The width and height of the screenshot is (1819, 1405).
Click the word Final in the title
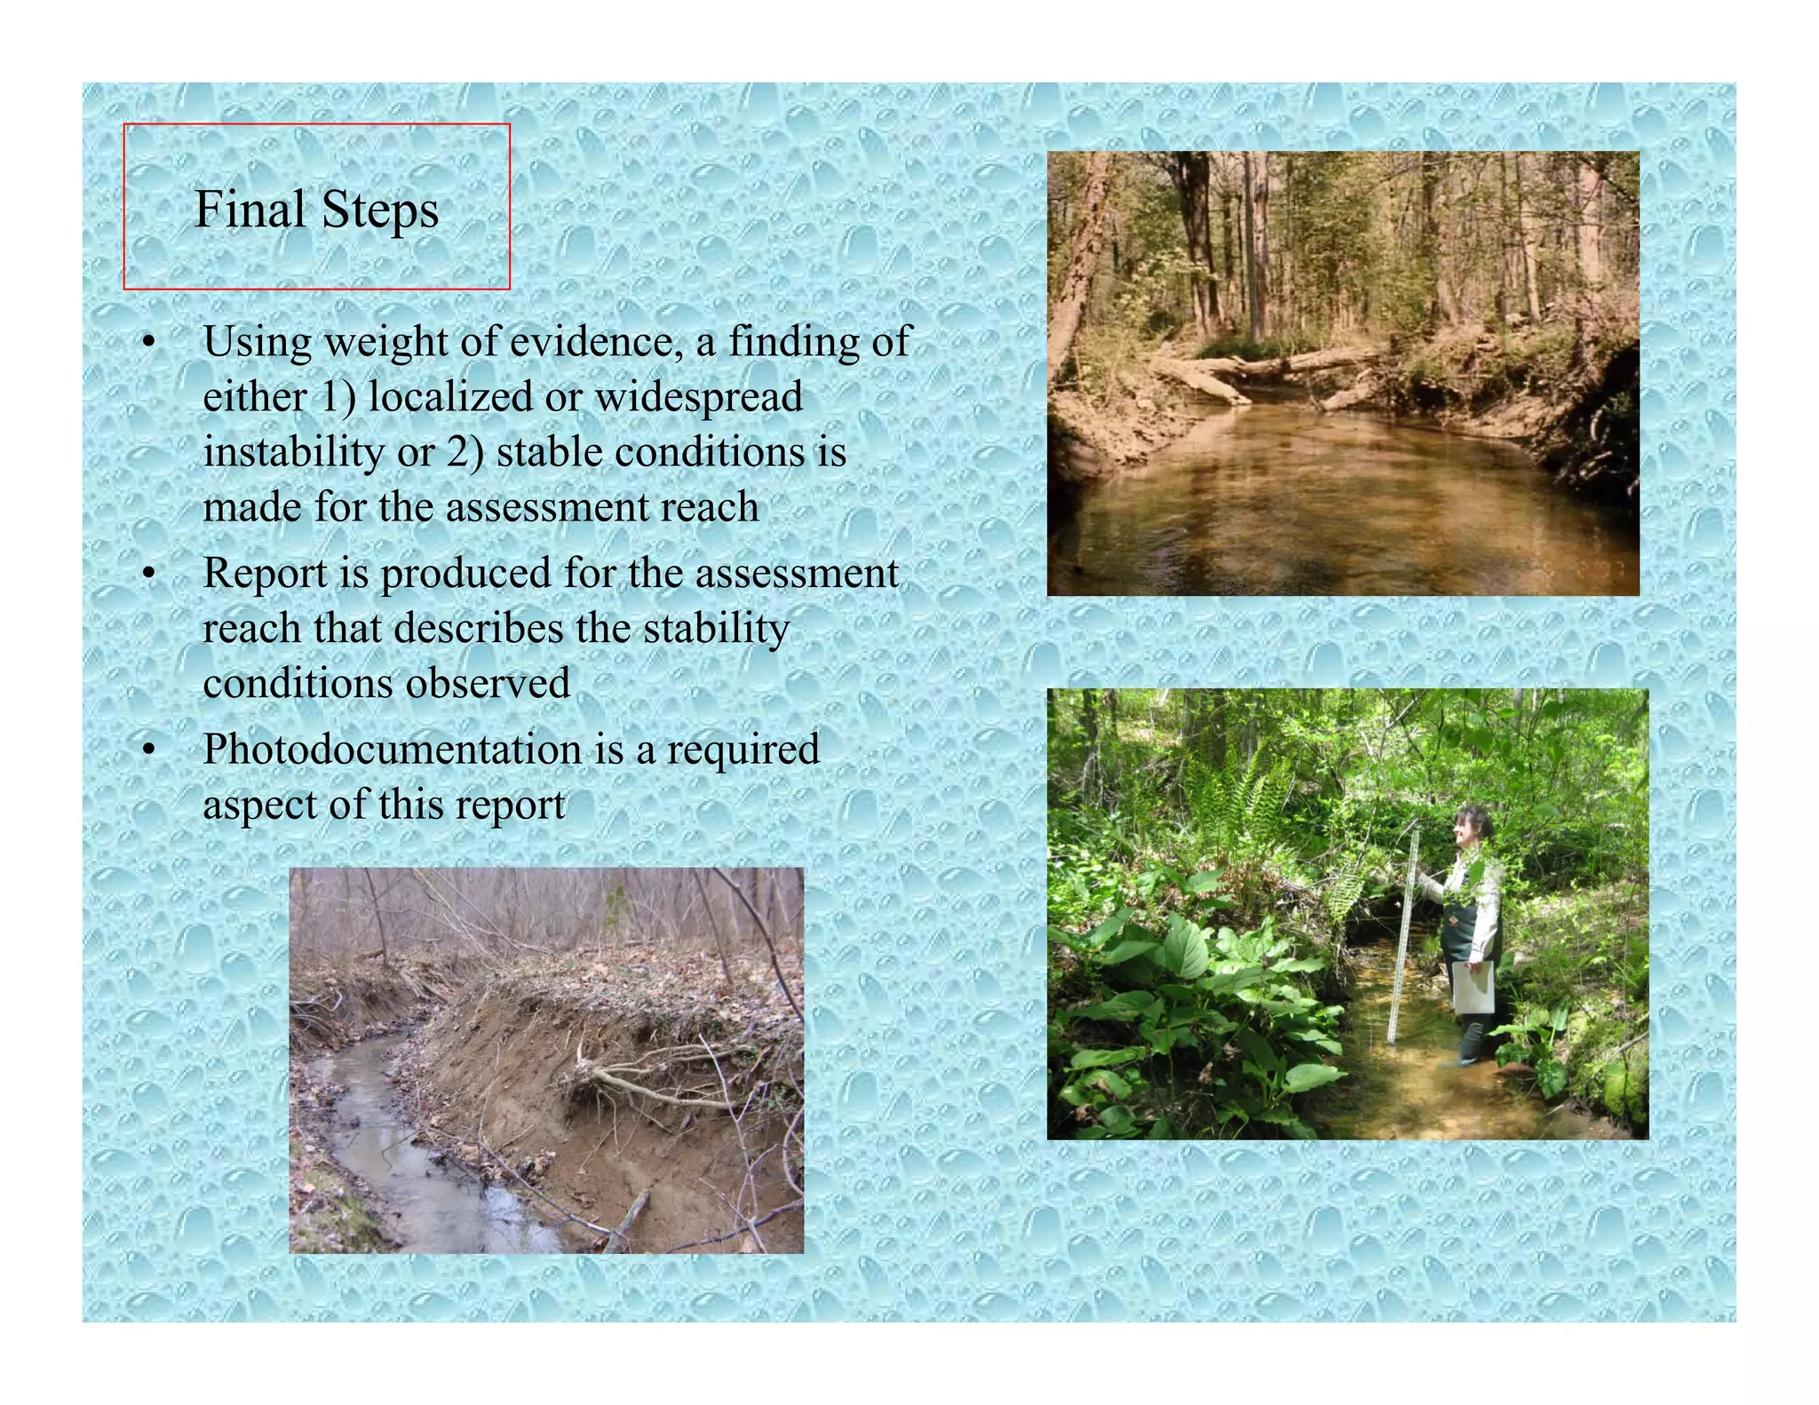pyautogui.click(x=250, y=210)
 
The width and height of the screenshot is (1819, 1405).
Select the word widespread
pyautogui.click(x=698, y=396)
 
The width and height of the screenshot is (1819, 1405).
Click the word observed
pyautogui.click(x=488, y=684)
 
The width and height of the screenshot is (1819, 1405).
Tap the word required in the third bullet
pyautogui.click(x=743, y=749)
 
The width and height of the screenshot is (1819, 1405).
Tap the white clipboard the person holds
pyautogui.click(x=1473, y=986)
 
